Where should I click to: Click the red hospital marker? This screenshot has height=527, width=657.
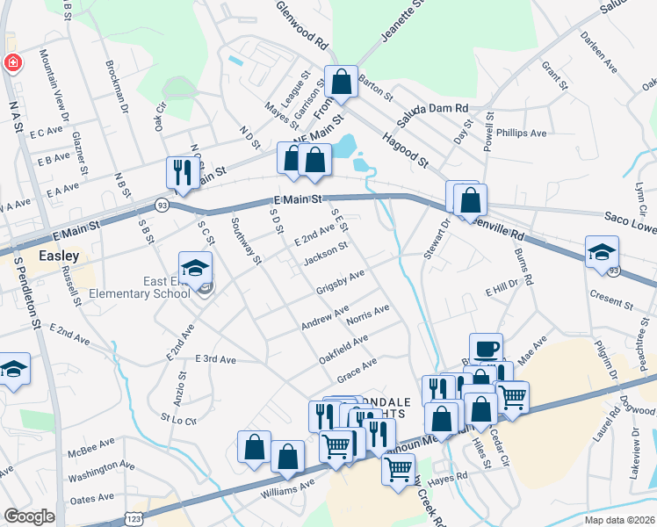pos(13,63)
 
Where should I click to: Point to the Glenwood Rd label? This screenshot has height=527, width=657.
pos(301,30)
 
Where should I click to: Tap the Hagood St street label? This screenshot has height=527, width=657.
pos(405,151)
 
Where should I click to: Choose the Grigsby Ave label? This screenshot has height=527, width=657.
pos(340,283)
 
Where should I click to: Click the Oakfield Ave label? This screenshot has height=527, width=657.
pos(343,345)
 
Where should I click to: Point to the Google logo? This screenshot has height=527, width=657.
pos(29,516)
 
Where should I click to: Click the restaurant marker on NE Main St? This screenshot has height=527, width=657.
pos(181,171)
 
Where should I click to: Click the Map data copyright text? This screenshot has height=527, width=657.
pos(619,520)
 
